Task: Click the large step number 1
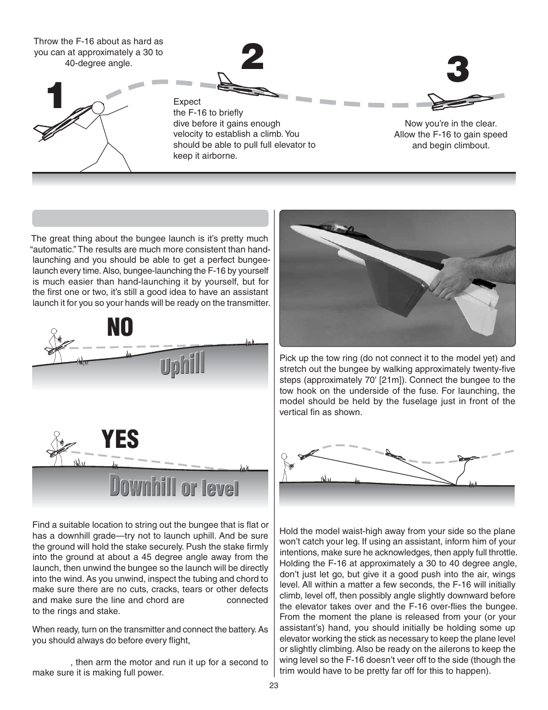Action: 55,96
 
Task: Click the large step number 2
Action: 252,57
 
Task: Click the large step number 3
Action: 458,71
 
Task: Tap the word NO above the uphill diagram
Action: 119,328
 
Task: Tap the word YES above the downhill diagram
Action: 120,439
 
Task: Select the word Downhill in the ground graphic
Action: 142,487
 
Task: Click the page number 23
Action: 273,685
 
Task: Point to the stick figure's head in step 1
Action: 98,108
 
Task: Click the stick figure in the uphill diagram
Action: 55,344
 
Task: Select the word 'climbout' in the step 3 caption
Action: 470,145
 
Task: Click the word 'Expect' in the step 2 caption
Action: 187,102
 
